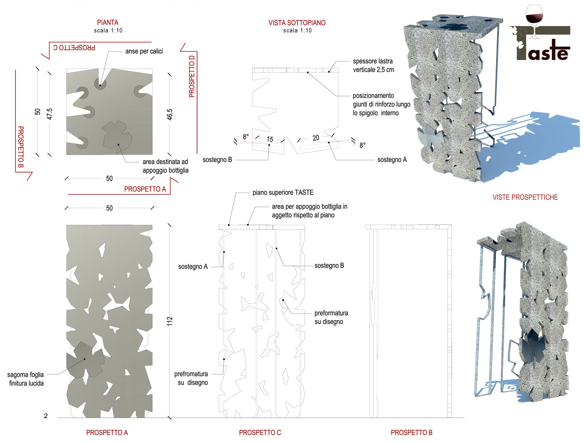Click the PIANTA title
coord(108,23)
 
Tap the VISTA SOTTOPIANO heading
coord(297,23)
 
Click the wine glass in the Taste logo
coord(534,20)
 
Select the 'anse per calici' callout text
coord(144,52)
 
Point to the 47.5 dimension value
coord(50,114)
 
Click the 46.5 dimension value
coord(170,114)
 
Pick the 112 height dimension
coord(170,321)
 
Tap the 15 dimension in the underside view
coord(270,139)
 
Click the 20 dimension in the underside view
coord(316,138)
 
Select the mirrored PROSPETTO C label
coord(74,48)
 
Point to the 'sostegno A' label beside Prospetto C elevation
coord(193,267)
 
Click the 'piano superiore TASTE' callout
coord(283,193)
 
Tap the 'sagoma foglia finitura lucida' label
coord(26,379)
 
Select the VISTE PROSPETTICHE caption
coord(525,197)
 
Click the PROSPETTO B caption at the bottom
coord(411,433)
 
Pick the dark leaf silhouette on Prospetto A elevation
coord(85,360)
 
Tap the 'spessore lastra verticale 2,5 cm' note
coord(373,65)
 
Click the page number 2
coord(46,416)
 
